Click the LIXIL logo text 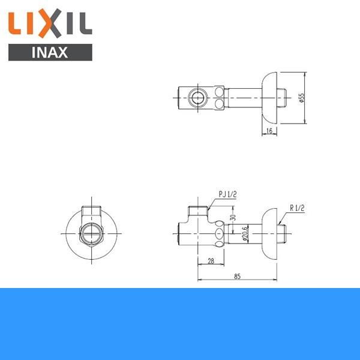click(x=50, y=24)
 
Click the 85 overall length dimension click(x=238, y=277)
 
